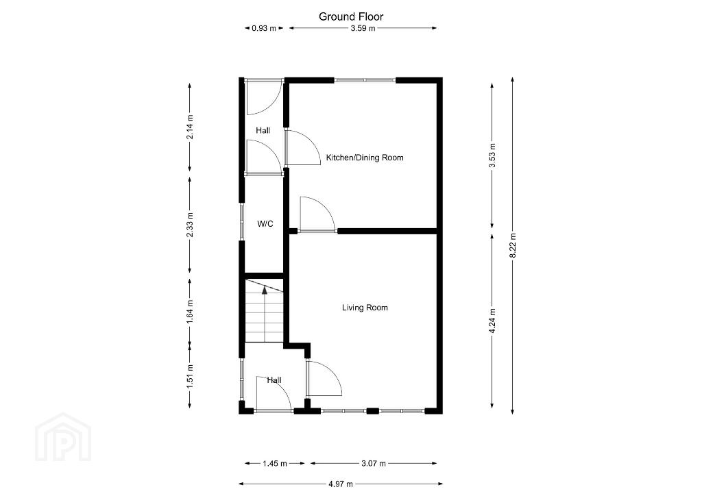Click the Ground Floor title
351,16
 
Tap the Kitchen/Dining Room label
365,158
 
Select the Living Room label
365,308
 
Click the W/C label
265,223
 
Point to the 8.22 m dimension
513,245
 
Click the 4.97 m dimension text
341,484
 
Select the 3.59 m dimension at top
363,28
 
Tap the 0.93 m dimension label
264,28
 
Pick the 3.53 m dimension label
492,156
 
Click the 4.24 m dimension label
492,321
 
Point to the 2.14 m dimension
190,127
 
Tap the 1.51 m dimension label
190,377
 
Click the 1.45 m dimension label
274,463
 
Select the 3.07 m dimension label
374,463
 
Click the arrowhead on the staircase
265,290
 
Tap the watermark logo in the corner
63,437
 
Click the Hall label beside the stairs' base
274,380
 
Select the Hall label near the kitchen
263,131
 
